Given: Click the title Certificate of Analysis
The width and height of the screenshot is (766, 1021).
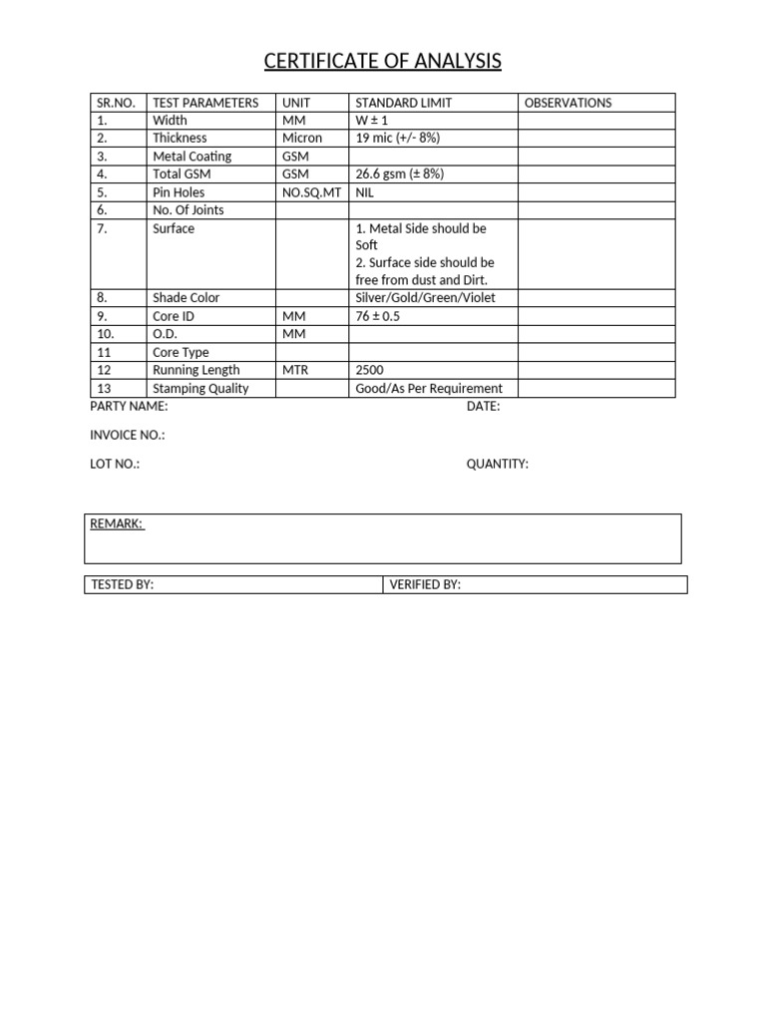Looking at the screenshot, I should (382, 62).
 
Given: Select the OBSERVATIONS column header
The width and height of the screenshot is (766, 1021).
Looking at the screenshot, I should (568, 103).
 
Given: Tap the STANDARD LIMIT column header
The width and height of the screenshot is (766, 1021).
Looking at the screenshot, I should (403, 103).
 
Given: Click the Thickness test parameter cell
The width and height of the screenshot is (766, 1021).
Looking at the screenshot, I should (180, 138).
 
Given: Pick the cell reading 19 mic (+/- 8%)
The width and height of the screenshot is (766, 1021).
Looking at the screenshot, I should (397, 138).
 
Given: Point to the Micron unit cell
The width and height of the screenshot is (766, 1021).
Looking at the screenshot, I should (302, 138).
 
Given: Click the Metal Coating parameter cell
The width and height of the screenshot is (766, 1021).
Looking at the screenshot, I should (191, 157).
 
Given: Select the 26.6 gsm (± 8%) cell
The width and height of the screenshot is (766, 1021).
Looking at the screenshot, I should (399, 173).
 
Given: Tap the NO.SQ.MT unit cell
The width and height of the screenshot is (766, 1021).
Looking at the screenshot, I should (311, 191).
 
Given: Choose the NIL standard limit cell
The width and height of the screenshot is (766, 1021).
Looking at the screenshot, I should (365, 191).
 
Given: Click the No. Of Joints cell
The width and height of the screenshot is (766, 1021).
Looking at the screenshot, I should (188, 209).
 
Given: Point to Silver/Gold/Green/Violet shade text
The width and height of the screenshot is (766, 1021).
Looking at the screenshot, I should (425, 297).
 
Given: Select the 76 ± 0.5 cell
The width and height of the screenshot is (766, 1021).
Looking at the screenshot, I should (378, 316).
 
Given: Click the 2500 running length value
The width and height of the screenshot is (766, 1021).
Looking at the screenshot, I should (370, 370).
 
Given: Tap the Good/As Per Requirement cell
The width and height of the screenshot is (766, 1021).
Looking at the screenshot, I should (429, 388).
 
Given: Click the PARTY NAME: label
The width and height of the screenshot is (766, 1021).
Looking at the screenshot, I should (129, 407).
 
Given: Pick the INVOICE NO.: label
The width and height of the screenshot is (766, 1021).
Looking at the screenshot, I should (128, 435).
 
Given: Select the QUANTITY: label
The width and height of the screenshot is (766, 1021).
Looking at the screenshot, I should (497, 464).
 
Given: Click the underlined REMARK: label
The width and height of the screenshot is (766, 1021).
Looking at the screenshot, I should (117, 523).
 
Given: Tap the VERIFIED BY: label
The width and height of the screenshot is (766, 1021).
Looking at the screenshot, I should (425, 584).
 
